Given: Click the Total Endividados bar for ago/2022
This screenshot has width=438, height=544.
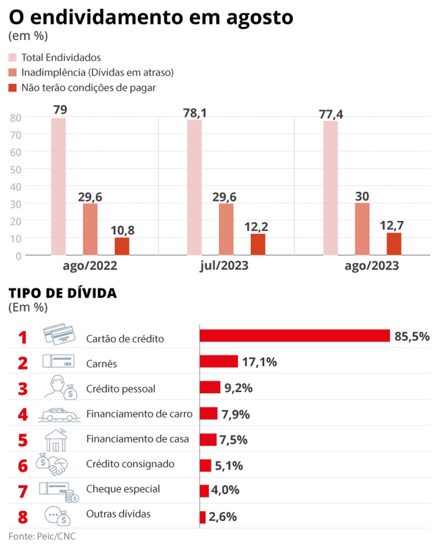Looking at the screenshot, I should click(58, 187).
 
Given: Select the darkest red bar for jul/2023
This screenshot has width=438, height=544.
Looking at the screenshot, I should click(258, 244).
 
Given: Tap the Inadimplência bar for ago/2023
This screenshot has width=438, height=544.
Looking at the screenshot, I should click(362, 229).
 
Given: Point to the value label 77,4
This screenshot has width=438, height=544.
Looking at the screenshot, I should click(331, 115).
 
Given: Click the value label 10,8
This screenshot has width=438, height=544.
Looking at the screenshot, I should click(122, 231).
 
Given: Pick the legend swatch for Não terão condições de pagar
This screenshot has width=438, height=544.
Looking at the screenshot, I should click(12, 88).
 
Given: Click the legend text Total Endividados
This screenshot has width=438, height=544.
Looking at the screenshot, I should click(61, 57).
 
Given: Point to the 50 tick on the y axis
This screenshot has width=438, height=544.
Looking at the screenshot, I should click(16, 169).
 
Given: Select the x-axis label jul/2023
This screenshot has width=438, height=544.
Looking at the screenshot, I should click(224, 266).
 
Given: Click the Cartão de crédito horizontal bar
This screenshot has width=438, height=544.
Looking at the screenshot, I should click(294, 336).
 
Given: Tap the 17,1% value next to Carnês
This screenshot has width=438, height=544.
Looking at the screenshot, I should click(260, 362).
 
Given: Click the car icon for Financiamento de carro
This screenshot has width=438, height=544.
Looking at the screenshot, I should click(58, 414).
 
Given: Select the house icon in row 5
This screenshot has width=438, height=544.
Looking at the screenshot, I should click(56, 440).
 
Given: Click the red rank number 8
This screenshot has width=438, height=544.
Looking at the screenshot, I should click(23, 517).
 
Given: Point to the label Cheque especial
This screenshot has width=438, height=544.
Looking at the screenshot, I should click(123, 489).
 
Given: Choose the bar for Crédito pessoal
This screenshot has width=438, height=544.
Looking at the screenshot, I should click(210, 387).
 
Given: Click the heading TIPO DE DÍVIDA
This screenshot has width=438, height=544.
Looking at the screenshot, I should click(62, 293).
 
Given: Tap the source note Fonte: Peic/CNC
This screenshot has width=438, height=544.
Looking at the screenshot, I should click(39, 536).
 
